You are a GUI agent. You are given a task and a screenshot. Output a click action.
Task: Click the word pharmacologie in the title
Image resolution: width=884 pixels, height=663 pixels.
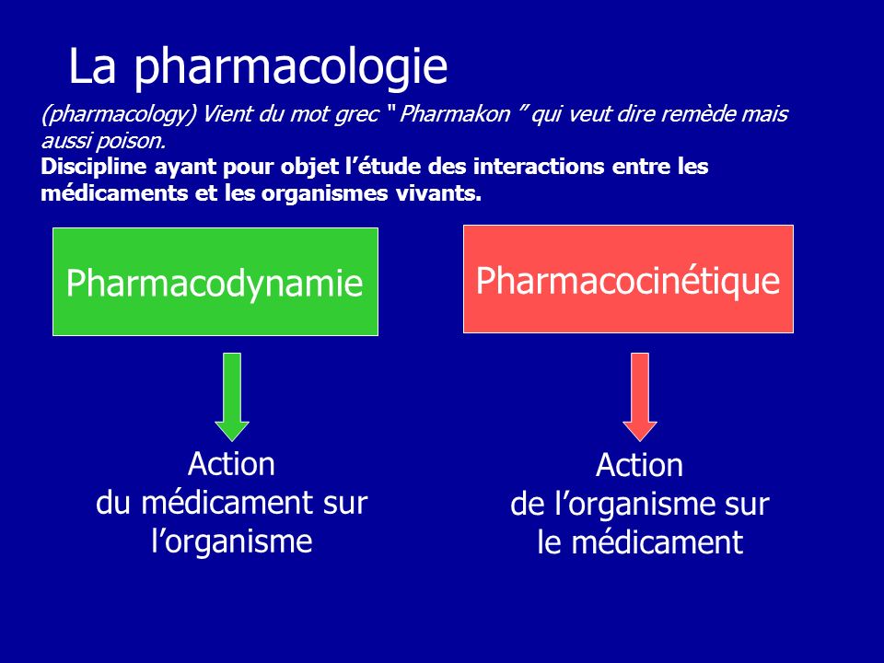click(x=291, y=67)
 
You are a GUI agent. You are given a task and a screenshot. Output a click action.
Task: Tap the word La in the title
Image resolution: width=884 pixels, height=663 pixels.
click(x=92, y=66)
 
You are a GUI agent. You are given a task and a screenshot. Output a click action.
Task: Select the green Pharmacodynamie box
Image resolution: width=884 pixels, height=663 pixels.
click(x=215, y=282)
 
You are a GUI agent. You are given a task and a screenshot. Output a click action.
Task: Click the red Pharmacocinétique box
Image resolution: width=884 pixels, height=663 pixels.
click(x=628, y=279)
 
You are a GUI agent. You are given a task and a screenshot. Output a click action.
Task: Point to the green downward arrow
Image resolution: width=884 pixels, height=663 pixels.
click(x=232, y=397)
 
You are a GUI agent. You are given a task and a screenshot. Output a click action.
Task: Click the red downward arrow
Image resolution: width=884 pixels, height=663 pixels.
click(x=640, y=397)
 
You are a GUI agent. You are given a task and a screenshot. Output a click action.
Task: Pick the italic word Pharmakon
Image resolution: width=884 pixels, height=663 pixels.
click(x=454, y=114)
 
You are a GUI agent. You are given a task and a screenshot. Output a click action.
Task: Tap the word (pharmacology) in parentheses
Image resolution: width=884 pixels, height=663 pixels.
click(x=119, y=115)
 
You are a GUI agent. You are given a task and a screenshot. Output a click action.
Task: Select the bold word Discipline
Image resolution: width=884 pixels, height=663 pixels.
click(x=93, y=167)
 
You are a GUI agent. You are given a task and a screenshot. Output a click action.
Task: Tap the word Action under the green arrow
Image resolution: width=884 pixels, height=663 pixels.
click(x=232, y=464)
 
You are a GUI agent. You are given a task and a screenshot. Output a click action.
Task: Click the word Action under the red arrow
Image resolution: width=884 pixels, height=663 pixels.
click(x=640, y=465)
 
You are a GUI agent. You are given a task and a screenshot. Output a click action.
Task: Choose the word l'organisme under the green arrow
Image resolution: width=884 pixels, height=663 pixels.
click(x=232, y=541)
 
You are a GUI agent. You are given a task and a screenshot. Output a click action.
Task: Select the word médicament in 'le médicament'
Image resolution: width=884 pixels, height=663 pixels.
click(x=657, y=542)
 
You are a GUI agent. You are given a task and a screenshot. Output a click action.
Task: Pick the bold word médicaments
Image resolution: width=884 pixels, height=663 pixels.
click(x=114, y=193)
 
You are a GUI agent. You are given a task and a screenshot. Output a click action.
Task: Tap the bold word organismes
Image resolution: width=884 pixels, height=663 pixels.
click(x=325, y=194)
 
